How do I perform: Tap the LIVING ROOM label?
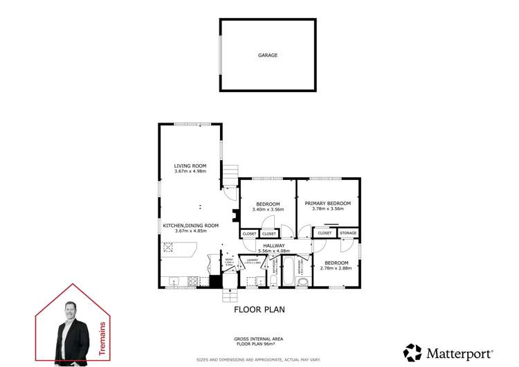[x=190, y=165]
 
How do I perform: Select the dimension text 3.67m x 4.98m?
[x=190, y=172]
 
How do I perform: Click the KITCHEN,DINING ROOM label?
[x=190, y=225]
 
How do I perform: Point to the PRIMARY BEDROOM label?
[x=328, y=203]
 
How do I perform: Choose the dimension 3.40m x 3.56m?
[x=268, y=211]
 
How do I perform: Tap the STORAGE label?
[x=348, y=233]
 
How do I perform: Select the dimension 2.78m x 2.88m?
[x=337, y=269]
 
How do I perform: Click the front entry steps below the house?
[x=229, y=296]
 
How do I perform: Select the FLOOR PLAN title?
[x=259, y=310]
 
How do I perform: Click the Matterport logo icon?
[x=412, y=352]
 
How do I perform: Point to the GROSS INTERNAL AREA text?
[x=259, y=339]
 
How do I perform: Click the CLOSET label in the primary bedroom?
[x=324, y=233]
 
